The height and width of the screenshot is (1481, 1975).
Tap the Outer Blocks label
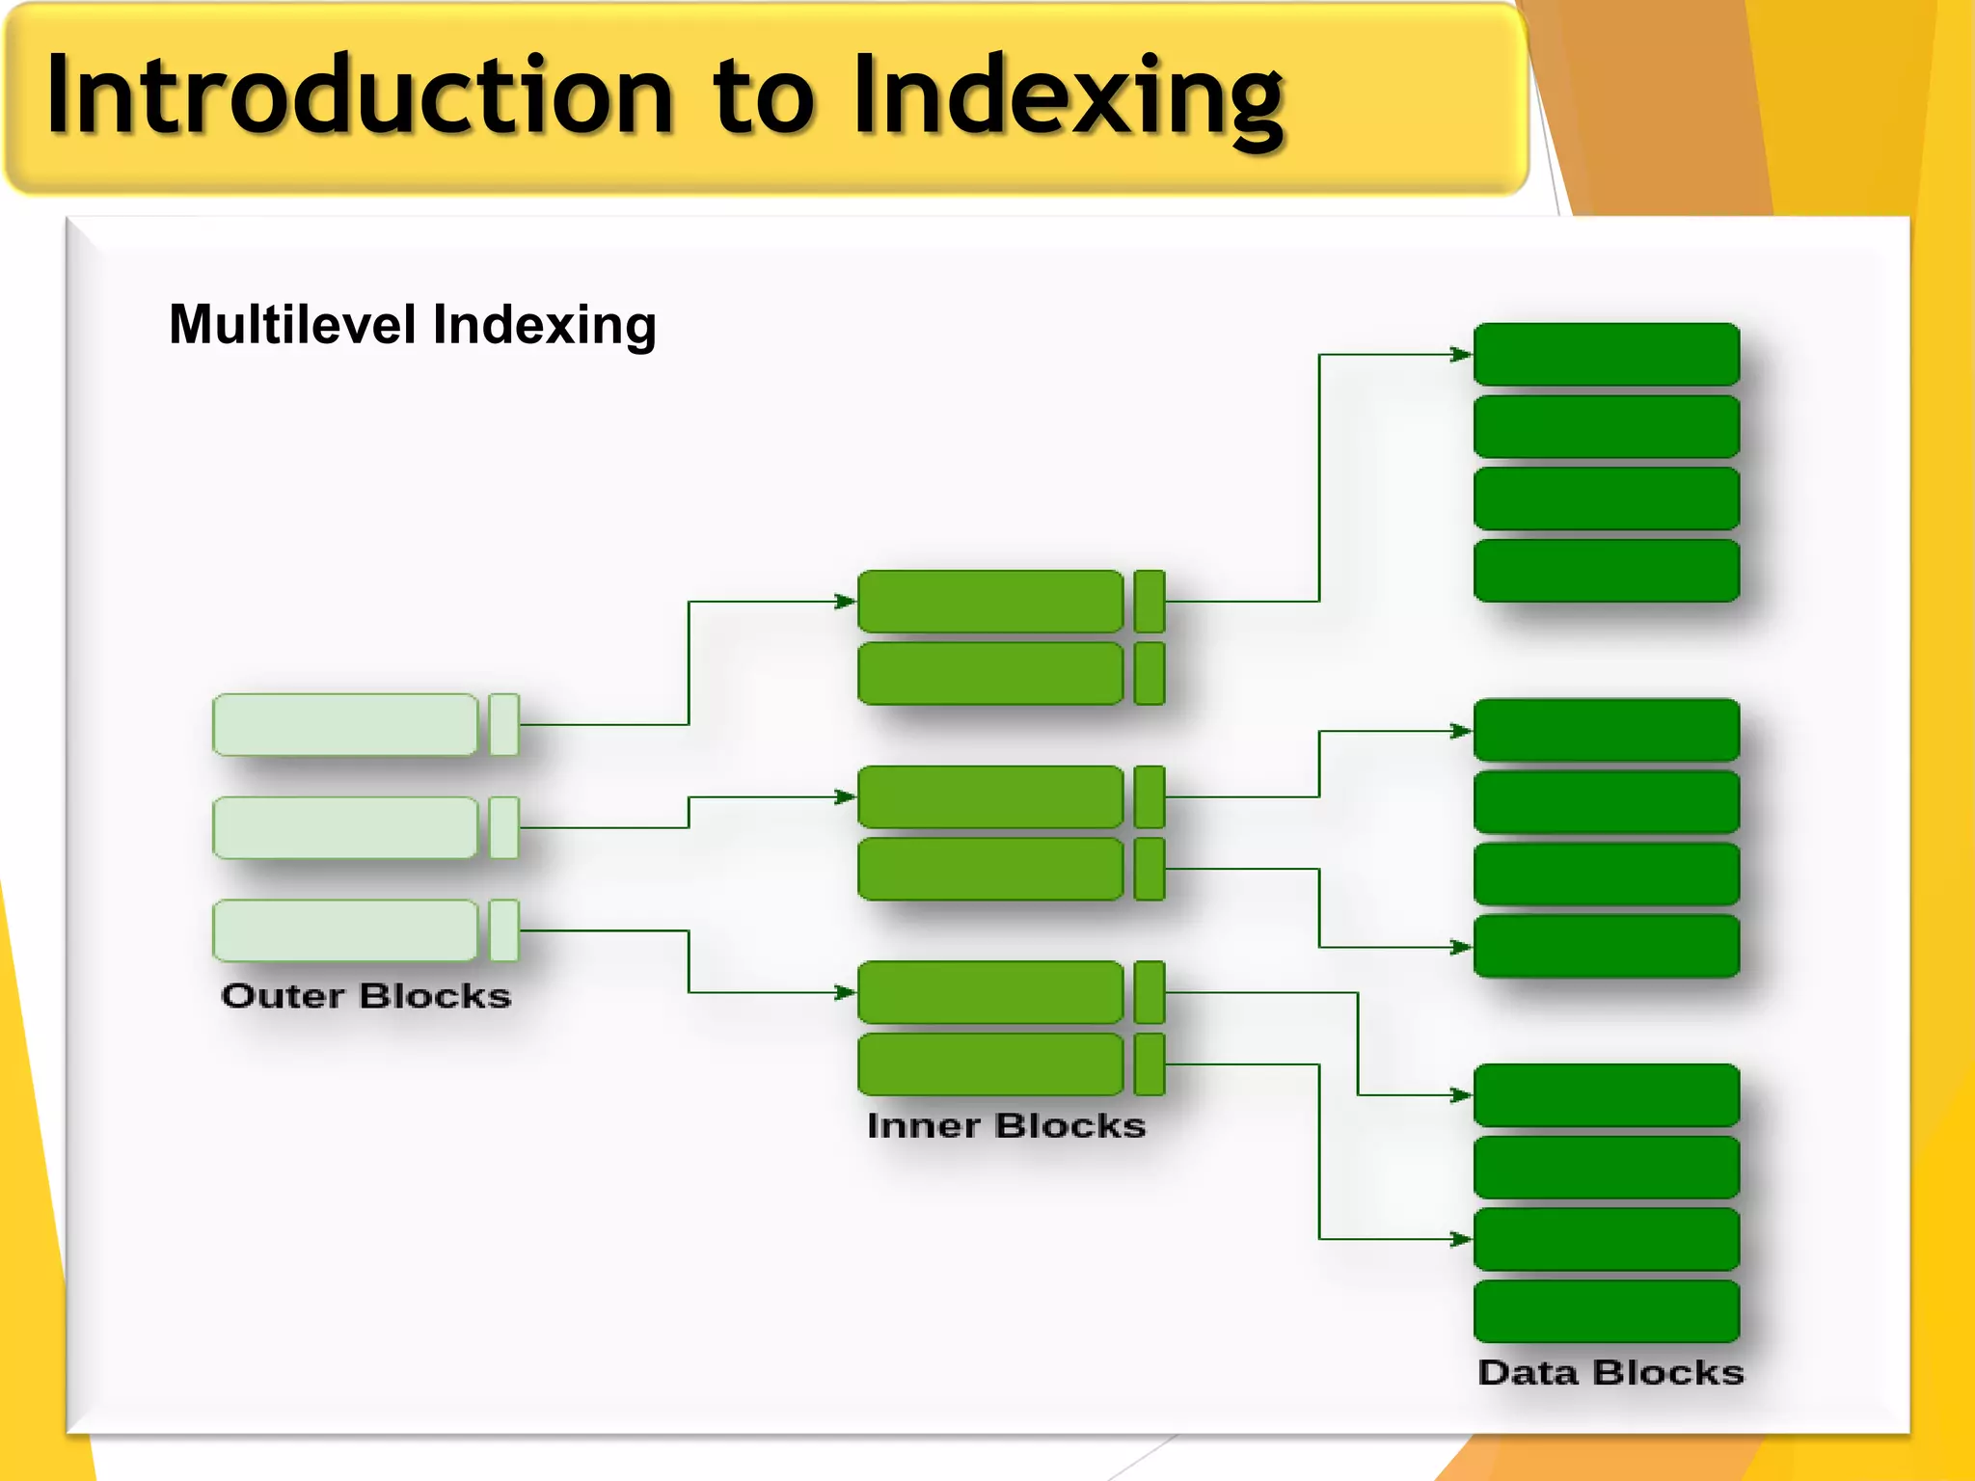coord(365,995)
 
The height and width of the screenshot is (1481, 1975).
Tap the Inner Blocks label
coord(1006,1125)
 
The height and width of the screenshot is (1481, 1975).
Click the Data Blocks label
coord(1610,1372)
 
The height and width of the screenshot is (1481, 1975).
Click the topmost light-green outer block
coord(345,724)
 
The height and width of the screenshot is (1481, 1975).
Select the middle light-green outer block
coord(345,827)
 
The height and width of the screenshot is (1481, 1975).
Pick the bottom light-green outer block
coord(345,930)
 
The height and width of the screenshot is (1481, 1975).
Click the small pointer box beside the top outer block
coord(504,724)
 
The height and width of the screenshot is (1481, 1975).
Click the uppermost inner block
coord(990,602)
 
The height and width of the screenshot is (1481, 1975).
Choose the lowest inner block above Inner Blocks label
coord(990,1064)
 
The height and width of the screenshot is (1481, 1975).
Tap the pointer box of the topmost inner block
coord(1150,602)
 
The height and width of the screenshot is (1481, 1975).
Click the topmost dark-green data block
coord(1607,355)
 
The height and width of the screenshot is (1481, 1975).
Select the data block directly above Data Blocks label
coord(1607,1311)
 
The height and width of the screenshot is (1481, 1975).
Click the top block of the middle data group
coord(1607,731)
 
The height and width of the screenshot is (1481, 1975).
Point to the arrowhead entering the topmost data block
coord(1461,355)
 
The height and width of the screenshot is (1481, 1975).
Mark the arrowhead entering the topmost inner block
coord(845,602)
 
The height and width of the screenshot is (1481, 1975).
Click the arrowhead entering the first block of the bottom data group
coord(1461,1095)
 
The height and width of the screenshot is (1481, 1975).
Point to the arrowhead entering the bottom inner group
coord(845,992)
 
